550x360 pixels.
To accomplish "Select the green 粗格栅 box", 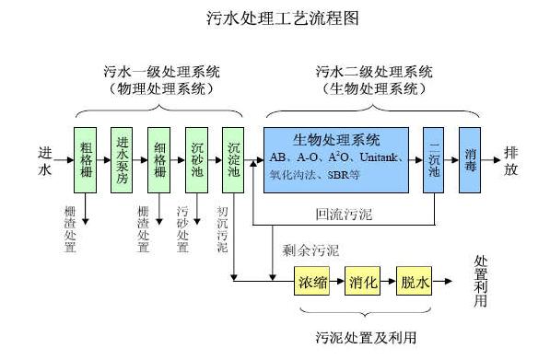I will [x=85, y=159].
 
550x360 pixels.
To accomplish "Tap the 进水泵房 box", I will [x=123, y=159].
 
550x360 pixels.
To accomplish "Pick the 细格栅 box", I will [x=159, y=159].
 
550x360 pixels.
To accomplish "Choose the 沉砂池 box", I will [x=197, y=159].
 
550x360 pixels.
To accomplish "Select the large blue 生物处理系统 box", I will [x=335, y=159].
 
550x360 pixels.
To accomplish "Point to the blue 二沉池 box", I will [x=434, y=159].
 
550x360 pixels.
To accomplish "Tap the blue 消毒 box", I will [x=471, y=159].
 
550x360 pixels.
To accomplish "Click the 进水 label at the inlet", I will [x=47, y=159].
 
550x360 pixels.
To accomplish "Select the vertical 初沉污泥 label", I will [x=221, y=230].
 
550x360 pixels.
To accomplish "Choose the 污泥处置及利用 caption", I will [x=364, y=336].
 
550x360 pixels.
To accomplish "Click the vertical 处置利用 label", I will [x=480, y=282].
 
